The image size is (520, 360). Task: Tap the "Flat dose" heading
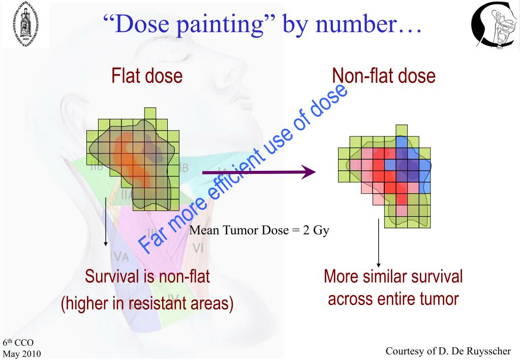pyautogui.click(x=146, y=76)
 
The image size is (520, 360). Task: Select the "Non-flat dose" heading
pyautogui.click(x=383, y=76)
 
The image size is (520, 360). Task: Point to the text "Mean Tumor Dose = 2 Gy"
pyautogui.click(x=259, y=231)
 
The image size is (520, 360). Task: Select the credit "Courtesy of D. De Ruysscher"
pyautogui.click(x=447, y=351)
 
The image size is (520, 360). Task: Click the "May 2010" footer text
pyautogui.click(x=22, y=353)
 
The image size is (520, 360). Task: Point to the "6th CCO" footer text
pyautogui.click(x=18, y=343)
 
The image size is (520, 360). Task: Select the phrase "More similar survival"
pyautogui.click(x=393, y=277)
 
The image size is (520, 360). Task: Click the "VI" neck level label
pyautogui.click(x=199, y=249)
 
